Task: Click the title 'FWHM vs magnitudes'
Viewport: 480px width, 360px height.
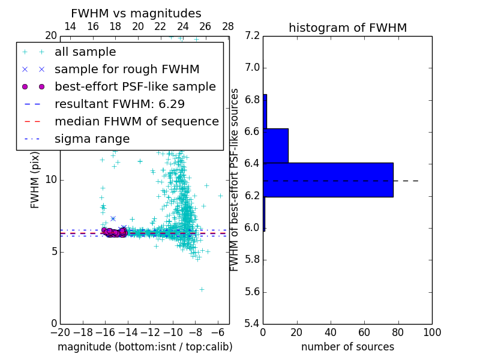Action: [x=136, y=13]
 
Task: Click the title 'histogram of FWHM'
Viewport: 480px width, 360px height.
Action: [x=347, y=28]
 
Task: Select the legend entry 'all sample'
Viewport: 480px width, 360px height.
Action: [x=85, y=52]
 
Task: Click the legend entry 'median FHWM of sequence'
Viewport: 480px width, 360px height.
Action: [x=136, y=122]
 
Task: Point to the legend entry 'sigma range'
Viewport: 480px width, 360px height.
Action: [x=92, y=139]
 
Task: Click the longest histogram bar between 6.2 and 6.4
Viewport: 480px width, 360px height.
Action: [x=328, y=179]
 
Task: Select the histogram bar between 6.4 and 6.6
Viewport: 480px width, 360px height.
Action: [x=275, y=145]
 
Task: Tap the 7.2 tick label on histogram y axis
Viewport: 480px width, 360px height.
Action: [x=253, y=36]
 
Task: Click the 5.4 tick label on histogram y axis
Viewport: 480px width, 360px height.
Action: [x=253, y=323]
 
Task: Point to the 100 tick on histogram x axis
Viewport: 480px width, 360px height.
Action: [x=431, y=332]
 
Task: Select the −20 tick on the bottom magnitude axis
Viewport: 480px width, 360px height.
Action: [x=60, y=332]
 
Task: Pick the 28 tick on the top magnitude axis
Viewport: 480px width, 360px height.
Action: [x=228, y=27]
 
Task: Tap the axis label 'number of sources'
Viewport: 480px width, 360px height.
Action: [x=347, y=347]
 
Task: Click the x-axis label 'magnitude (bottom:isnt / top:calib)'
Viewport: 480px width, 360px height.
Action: [x=145, y=347]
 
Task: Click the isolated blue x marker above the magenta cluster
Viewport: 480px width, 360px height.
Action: [x=113, y=218]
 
